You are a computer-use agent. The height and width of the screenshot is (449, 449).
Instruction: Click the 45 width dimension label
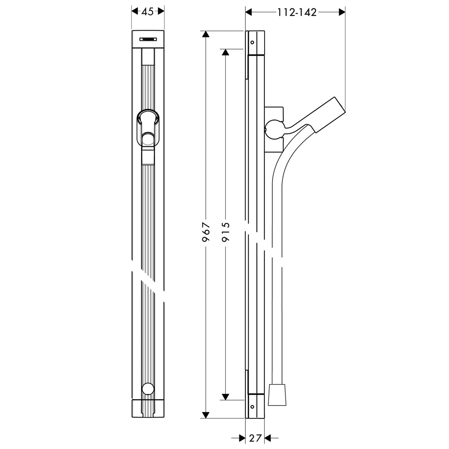[x=148, y=11]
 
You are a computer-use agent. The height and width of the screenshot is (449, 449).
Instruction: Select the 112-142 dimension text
[x=297, y=12]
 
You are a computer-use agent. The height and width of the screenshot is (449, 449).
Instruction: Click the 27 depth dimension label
[x=255, y=438]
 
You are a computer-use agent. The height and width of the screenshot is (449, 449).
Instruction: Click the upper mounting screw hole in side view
[x=252, y=43]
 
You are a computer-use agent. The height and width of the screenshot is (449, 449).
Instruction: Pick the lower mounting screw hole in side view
[x=252, y=407]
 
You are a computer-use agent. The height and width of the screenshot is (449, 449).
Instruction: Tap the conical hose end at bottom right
[x=277, y=395]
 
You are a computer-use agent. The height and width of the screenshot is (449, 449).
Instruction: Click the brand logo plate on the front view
[x=148, y=40]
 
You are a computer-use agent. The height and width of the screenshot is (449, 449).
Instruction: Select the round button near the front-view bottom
[x=148, y=389]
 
